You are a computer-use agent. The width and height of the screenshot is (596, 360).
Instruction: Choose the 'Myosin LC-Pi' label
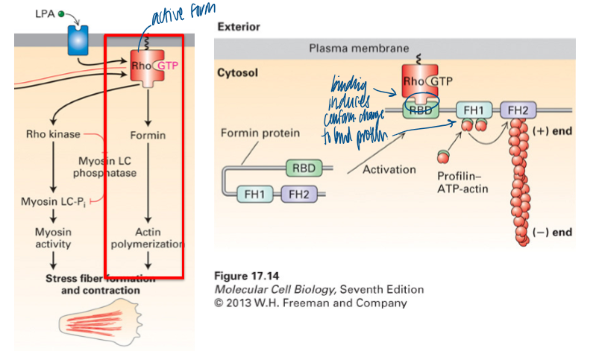pyautogui.click(x=48, y=200)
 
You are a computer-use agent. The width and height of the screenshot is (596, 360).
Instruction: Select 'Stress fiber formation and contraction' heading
pyautogui.click(x=100, y=284)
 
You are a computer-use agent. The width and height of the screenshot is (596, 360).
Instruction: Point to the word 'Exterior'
pyautogui.click(x=238, y=27)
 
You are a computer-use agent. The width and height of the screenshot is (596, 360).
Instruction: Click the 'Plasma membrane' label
pyautogui.click(x=359, y=48)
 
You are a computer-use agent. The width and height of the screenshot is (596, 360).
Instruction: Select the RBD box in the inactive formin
pyautogui.click(x=304, y=168)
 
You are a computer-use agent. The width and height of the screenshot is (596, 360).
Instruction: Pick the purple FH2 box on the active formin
pyautogui.click(x=514, y=111)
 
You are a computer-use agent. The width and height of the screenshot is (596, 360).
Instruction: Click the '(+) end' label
pyautogui.click(x=553, y=130)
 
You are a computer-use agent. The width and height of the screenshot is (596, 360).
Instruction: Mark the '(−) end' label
pyautogui.click(x=553, y=232)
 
